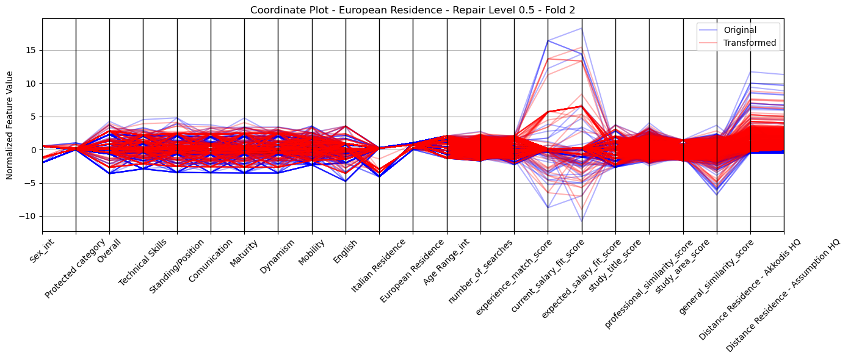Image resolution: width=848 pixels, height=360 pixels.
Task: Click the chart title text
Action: pos(413,10)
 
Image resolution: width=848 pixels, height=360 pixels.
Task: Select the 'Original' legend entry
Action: pos(740,31)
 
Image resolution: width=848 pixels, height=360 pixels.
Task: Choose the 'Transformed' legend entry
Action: pos(750,43)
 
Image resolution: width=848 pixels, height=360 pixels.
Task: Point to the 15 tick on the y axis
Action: pos(33,51)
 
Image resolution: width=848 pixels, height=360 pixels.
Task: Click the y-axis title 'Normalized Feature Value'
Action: pos(10,125)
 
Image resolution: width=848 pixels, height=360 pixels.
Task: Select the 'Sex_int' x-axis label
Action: pos(42,251)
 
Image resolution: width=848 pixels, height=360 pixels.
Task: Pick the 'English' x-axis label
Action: pos(346,251)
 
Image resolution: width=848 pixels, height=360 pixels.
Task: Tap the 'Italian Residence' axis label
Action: pos(379,266)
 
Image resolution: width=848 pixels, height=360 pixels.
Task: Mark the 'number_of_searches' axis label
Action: pos(480,272)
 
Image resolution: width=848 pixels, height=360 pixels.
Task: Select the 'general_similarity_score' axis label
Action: pos(716,277)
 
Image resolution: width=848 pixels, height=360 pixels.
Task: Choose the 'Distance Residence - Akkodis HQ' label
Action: pos(750,290)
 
